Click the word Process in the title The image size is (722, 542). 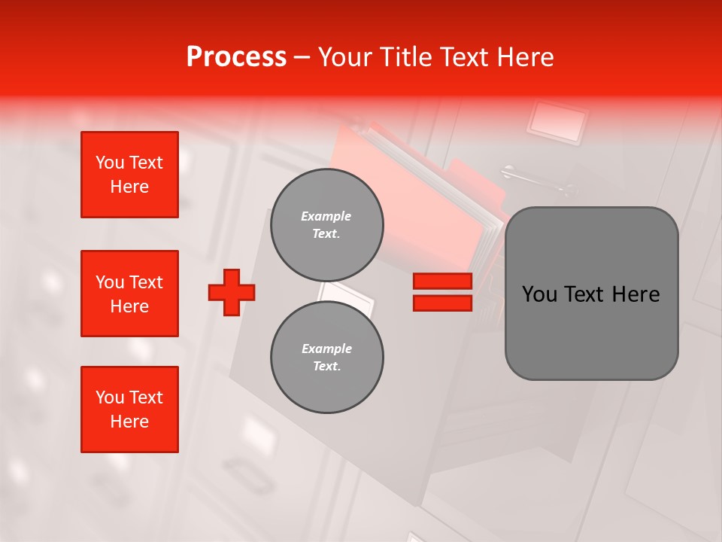(x=236, y=57)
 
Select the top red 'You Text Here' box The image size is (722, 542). (x=129, y=175)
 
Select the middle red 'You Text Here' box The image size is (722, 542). (x=129, y=294)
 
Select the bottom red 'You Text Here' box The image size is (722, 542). (x=129, y=410)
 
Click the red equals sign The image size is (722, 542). (x=442, y=292)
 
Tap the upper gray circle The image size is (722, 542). (x=326, y=224)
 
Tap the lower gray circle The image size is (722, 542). (x=326, y=357)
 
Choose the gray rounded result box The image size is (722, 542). (x=591, y=294)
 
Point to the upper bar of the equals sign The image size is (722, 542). (x=442, y=282)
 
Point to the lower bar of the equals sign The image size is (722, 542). (x=442, y=303)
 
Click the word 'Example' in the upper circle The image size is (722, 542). (x=326, y=216)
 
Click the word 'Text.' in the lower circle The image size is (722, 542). (x=326, y=366)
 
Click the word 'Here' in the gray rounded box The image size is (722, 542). (x=636, y=294)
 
